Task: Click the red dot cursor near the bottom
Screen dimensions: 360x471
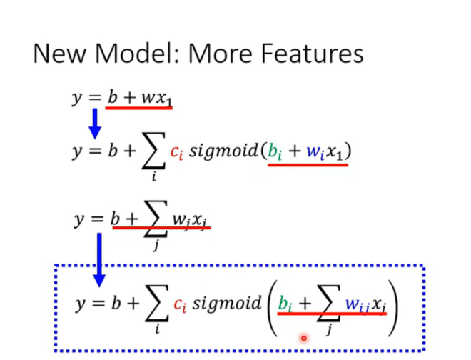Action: [x=303, y=338]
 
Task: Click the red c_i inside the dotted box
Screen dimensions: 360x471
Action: [x=181, y=304]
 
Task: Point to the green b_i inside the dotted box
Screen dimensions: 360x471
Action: [x=285, y=304]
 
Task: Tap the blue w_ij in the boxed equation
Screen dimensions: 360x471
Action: [x=356, y=305]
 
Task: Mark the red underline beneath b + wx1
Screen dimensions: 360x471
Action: [x=139, y=108]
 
